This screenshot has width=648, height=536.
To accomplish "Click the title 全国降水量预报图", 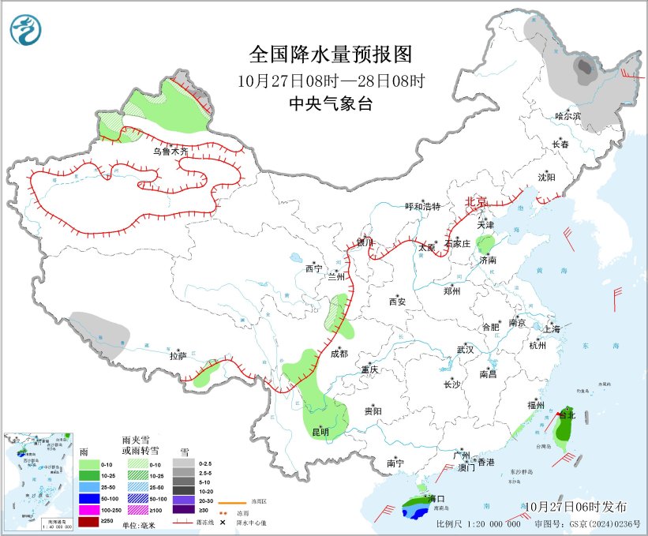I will tap(331, 54).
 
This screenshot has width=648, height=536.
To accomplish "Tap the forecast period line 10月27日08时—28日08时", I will tap(331, 81).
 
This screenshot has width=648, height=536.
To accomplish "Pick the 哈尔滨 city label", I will tap(567, 116).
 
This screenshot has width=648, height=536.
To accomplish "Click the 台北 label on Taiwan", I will tap(567, 414).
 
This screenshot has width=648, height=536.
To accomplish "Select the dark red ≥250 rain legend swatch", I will tap(89, 522).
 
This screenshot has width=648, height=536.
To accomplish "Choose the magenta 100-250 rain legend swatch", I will tap(89, 511).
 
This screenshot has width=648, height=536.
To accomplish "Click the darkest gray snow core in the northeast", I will tap(585, 69).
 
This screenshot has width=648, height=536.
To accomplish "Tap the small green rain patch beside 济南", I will tap(487, 243).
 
